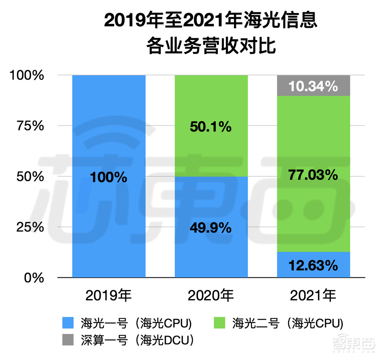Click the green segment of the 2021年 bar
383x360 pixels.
click(x=313, y=207)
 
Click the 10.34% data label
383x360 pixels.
click(x=313, y=86)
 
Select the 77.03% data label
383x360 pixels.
click(x=313, y=175)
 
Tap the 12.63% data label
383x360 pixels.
click(x=313, y=265)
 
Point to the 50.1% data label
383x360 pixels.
click(x=211, y=127)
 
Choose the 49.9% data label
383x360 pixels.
click(x=211, y=228)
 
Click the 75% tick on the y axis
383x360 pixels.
click(x=31, y=126)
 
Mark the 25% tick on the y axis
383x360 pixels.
click(x=31, y=227)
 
